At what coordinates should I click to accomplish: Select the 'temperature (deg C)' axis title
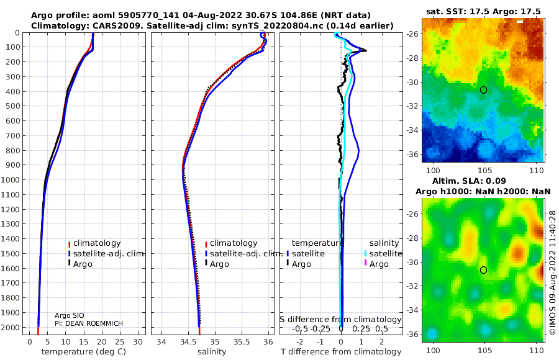point(84,352)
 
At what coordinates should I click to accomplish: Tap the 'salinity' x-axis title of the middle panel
point(212,352)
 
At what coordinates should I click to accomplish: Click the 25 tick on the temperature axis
point(120,342)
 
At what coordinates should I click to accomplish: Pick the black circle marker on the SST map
point(483,90)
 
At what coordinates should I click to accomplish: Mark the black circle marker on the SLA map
point(483,270)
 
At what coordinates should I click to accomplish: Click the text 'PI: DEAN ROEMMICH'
point(88,323)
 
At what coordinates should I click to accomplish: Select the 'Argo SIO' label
point(69,316)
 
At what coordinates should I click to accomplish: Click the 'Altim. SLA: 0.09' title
point(469,181)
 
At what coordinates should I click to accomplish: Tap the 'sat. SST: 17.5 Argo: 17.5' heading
point(483,12)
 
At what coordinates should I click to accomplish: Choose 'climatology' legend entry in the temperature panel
point(94,243)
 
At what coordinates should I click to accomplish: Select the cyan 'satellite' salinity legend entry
point(383,254)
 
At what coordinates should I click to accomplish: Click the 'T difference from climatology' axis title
point(341,352)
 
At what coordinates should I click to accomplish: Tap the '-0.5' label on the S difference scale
point(300,328)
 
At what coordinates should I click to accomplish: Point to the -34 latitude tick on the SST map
point(413,130)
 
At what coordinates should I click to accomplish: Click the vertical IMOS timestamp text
point(552,272)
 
